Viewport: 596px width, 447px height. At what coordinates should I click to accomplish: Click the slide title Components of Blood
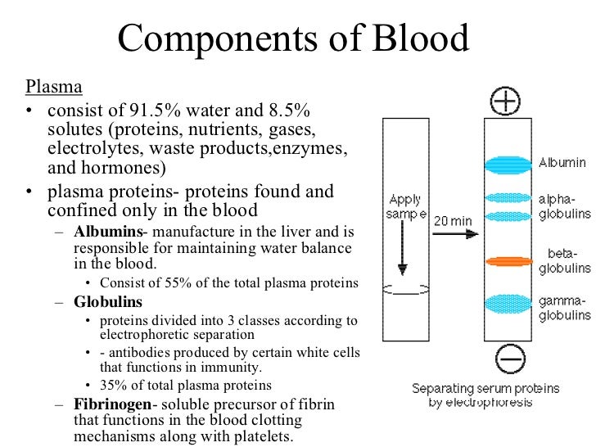(294, 38)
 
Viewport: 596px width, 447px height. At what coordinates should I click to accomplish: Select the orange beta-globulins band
(508, 262)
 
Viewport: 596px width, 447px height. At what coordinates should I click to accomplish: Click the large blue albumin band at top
(508, 164)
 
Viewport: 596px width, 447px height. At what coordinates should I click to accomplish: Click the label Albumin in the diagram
(562, 163)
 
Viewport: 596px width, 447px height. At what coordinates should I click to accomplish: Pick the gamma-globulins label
(564, 308)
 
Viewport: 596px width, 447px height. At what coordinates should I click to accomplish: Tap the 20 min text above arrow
(452, 220)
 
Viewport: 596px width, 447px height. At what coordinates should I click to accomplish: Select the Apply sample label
(406, 206)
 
